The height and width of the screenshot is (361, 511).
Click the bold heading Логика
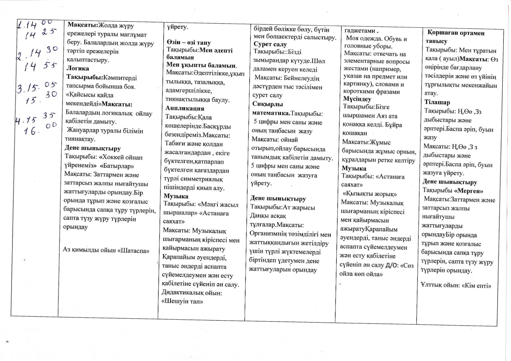[78, 69]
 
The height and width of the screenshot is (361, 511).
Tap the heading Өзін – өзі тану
[189, 42]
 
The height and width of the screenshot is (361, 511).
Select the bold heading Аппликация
[185, 108]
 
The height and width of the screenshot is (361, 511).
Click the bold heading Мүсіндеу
[357, 99]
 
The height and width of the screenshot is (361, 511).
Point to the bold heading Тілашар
[437, 102]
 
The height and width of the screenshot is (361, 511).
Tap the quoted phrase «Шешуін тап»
[182, 301]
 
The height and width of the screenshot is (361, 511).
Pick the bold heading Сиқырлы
[267, 104]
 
